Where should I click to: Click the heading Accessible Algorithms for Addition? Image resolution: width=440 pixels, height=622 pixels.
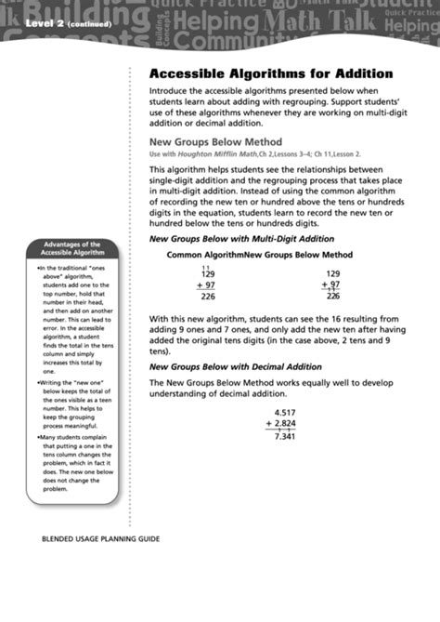(258, 73)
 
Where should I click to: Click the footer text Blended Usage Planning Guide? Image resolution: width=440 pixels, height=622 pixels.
(100, 538)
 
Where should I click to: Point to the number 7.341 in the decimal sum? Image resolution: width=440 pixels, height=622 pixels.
(286, 436)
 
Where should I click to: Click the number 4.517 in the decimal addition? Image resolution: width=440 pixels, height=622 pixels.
(286, 412)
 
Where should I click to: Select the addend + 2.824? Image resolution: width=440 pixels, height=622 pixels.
(281, 424)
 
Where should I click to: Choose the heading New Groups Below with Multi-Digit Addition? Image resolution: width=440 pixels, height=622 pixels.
(241, 238)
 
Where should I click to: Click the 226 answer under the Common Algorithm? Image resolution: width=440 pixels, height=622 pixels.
(208, 298)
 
